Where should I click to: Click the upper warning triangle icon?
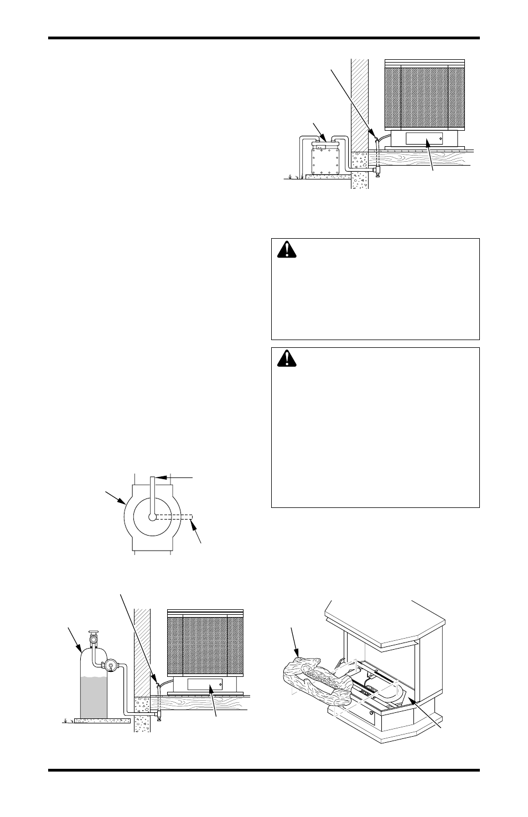(287, 250)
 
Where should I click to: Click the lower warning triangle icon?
(287, 359)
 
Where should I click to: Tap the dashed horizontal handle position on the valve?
(174, 517)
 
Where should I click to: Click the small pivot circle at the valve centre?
(152, 517)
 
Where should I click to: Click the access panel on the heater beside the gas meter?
(424, 139)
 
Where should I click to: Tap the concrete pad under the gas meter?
(328, 177)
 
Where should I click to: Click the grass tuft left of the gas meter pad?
(290, 177)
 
